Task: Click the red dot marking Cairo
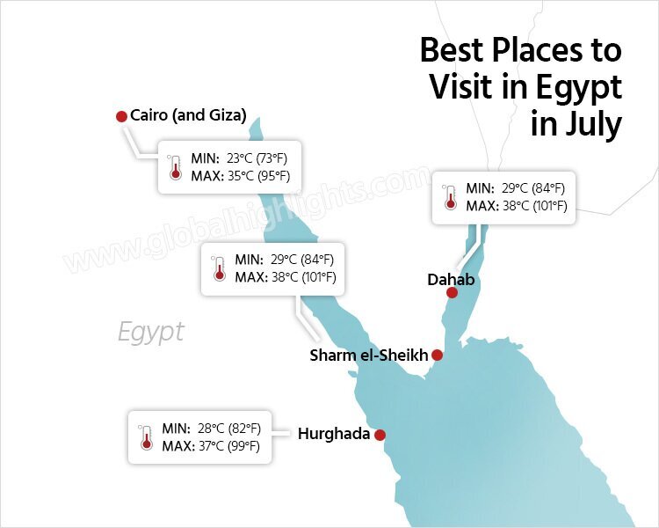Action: point(121,116)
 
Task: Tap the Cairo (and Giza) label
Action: point(188,115)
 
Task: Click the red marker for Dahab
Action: point(452,293)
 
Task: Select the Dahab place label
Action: point(451,279)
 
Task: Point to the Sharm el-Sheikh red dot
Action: point(437,356)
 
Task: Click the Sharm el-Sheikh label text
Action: point(369,356)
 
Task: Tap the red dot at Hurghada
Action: point(380,435)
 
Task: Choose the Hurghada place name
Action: point(334,434)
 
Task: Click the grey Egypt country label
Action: point(151,332)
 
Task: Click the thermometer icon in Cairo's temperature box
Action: point(174,167)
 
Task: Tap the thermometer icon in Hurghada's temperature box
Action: point(146,437)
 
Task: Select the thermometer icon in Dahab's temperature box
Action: point(451,196)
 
